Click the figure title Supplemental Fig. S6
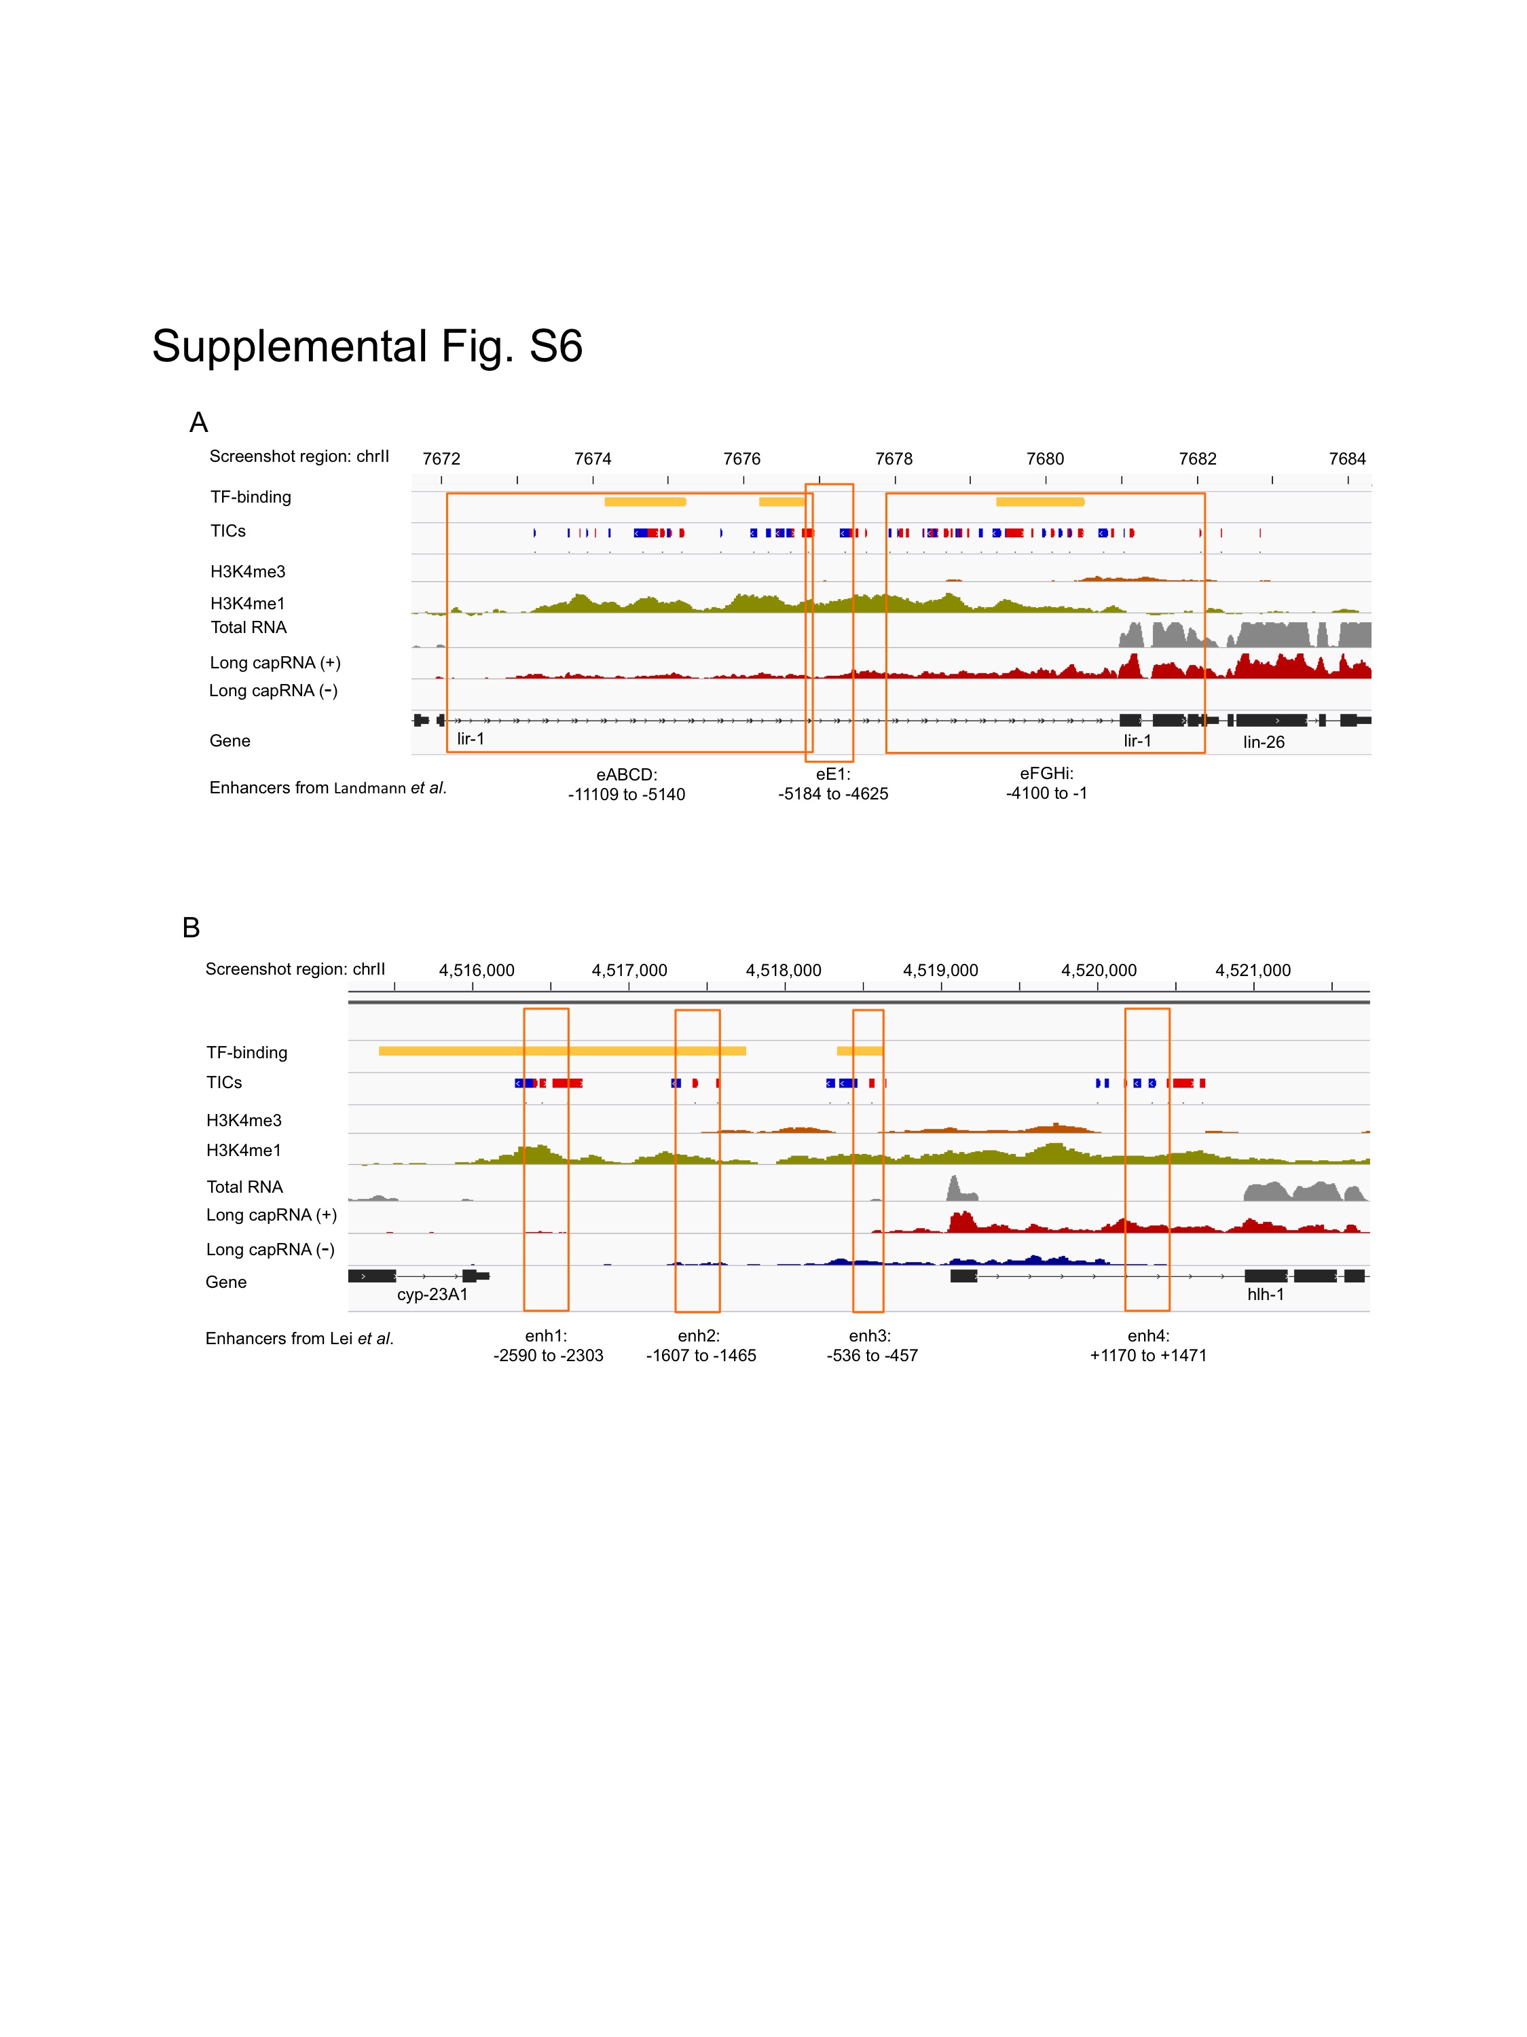[x=367, y=347]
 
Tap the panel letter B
[x=191, y=927]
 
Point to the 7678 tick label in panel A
[x=893, y=458]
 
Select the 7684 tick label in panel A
[x=1346, y=458]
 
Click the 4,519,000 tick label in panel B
[x=940, y=971]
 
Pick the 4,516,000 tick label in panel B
[x=476, y=971]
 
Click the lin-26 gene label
[x=1263, y=742]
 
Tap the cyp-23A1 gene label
[x=432, y=1295]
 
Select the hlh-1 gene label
[x=1265, y=1295]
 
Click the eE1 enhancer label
[x=833, y=774]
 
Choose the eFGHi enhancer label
[x=1046, y=774]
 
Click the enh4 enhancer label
[x=1147, y=1335]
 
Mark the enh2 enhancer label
[x=699, y=1335]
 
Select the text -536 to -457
[x=872, y=1356]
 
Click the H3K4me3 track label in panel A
[x=248, y=572]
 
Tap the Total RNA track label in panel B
[x=244, y=1187]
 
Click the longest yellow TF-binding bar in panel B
[x=562, y=1051]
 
